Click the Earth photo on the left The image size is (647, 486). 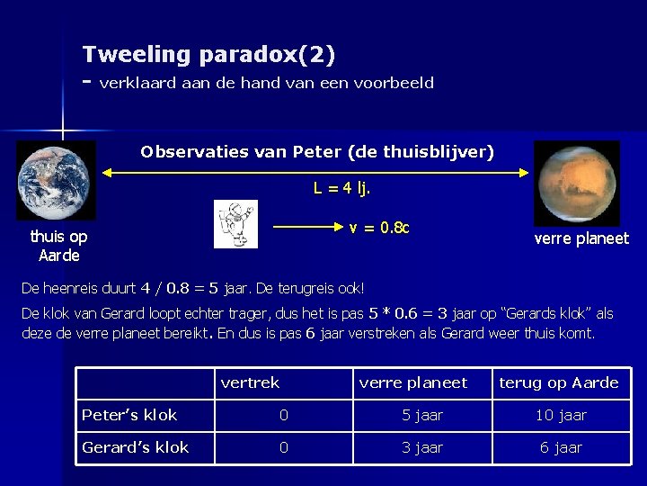(x=56, y=180)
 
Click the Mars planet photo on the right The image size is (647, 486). (x=576, y=183)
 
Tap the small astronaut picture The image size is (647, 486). (x=235, y=224)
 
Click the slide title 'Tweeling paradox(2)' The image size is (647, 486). (x=208, y=55)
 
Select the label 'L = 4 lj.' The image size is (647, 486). (x=341, y=189)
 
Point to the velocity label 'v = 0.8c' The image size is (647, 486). (x=379, y=228)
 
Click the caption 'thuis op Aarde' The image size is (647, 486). (x=58, y=246)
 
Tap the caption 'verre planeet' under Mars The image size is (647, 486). (x=581, y=238)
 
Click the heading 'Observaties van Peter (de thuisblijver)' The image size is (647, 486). (x=317, y=152)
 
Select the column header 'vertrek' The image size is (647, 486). (x=250, y=382)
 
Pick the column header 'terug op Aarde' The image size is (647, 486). (x=558, y=382)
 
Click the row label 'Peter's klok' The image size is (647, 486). (x=129, y=415)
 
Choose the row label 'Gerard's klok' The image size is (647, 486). (x=135, y=447)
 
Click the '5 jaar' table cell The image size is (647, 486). (x=422, y=415)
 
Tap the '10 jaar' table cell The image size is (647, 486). (x=561, y=415)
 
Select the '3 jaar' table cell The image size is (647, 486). (x=422, y=447)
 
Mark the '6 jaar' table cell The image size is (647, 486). (x=561, y=447)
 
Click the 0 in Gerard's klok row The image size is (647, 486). (x=283, y=447)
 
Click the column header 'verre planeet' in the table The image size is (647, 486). (x=412, y=382)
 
